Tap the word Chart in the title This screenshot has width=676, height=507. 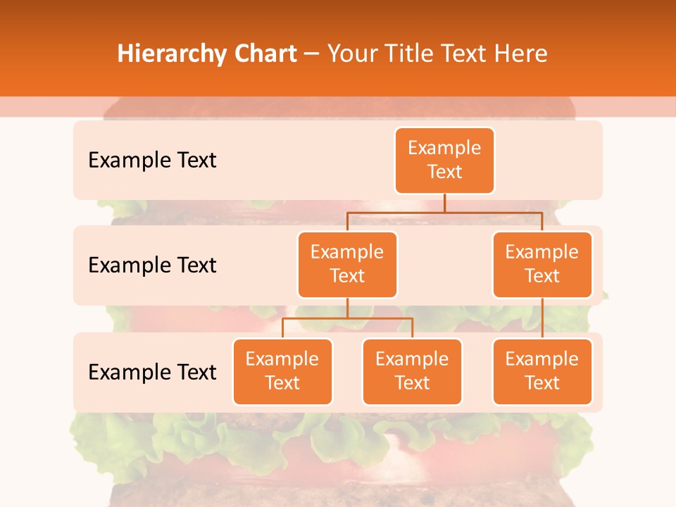coord(263,54)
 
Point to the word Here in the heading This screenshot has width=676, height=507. coord(521,54)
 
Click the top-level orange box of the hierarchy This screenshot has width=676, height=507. coord(444,161)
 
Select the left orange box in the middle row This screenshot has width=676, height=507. coord(347,265)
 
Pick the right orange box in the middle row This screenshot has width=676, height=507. coord(542,265)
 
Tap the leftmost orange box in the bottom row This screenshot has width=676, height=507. coord(282,372)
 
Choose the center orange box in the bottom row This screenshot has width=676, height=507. coord(412,372)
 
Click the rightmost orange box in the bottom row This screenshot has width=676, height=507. coord(542,372)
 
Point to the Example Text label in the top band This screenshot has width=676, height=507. coord(152,161)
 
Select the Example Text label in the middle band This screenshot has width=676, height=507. coord(152,265)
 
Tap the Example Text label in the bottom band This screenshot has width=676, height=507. coord(152,372)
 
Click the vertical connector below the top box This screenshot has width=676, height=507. coord(444,203)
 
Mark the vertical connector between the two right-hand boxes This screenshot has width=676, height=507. coord(542,318)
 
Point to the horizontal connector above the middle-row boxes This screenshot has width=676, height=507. coord(444,212)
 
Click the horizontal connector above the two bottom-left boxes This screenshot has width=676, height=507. coord(347,318)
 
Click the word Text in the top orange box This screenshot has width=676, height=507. coord(444,172)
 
